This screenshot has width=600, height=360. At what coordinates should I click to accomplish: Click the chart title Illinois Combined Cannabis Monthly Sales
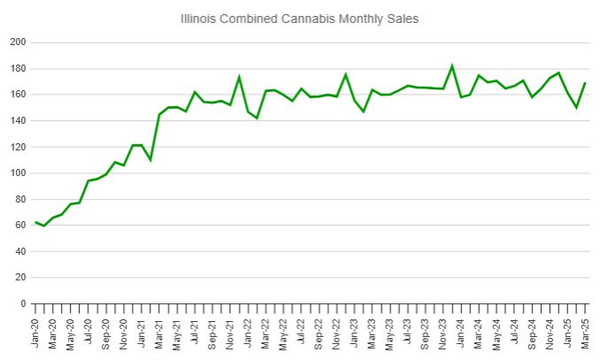(300, 18)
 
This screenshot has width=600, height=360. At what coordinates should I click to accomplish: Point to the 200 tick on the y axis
(17, 42)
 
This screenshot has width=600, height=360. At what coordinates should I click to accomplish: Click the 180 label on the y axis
(17, 69)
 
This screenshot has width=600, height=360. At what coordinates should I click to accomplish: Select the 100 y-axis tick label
(17, 173)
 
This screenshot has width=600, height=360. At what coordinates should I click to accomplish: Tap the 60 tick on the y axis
(19, 226)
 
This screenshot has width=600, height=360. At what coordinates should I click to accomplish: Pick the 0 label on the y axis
(23, 303)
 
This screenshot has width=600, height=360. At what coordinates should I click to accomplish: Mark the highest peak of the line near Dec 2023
(452, 65)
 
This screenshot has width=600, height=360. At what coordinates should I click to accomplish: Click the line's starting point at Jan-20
(35, 222)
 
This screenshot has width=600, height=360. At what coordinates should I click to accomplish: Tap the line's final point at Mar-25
(585, 83)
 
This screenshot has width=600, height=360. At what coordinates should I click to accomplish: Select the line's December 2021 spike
(239, 76)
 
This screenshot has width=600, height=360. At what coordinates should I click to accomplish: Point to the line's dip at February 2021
(150, 160)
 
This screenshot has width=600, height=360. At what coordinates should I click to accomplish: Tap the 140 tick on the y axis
(17, 121)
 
